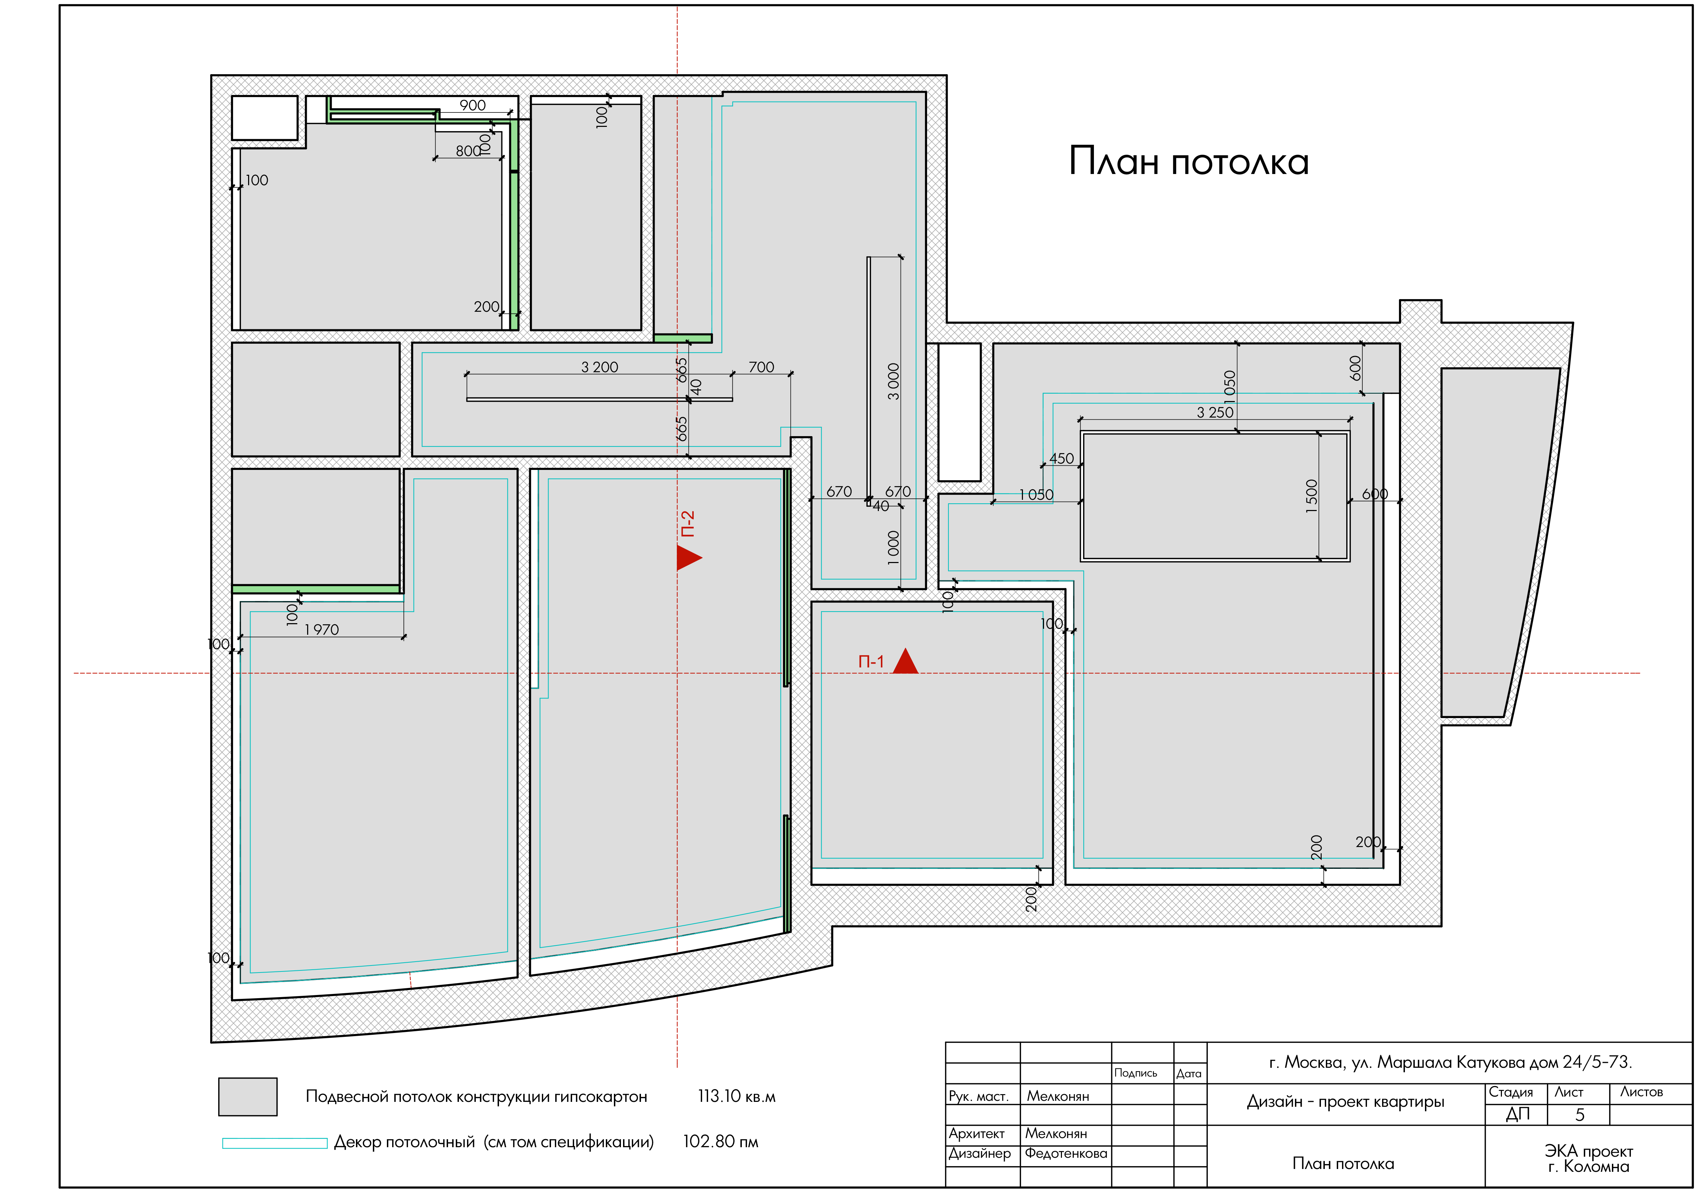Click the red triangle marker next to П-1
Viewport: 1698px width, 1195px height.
(905, 662)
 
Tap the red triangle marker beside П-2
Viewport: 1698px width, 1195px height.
(688, 557)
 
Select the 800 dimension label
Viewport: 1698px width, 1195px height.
(468, 151)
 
